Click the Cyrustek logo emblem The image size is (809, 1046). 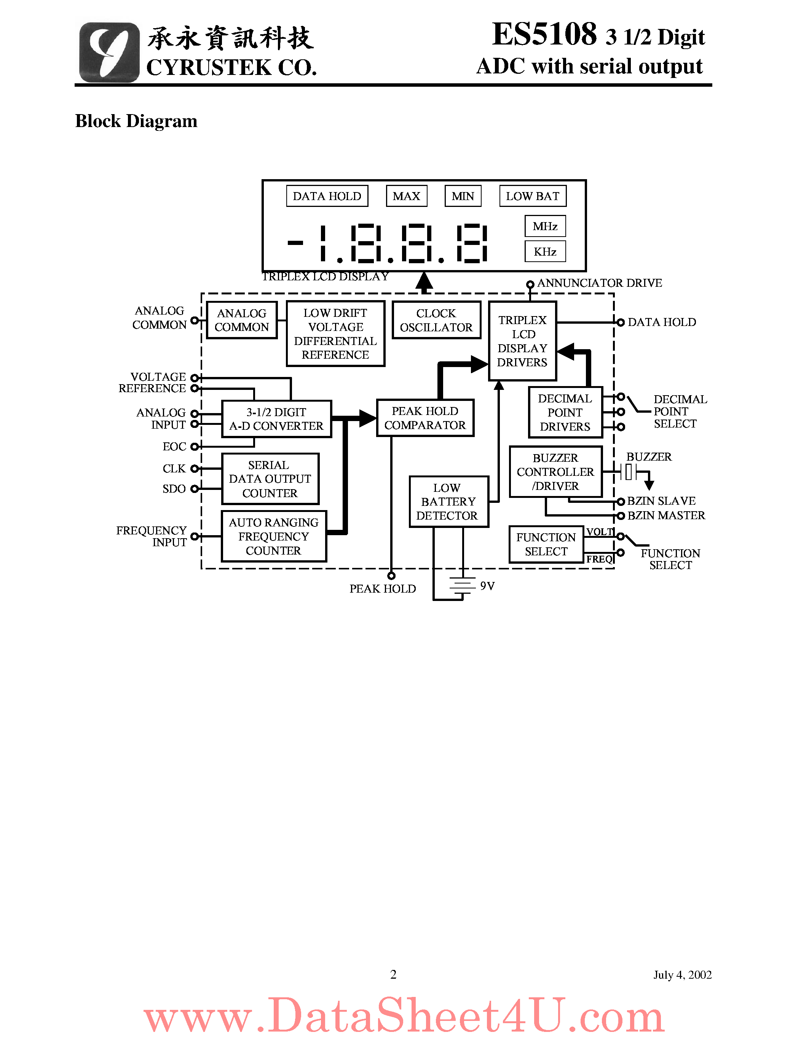[109, 52]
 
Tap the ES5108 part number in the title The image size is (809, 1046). [544, 35]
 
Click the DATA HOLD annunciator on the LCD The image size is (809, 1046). [327, 196]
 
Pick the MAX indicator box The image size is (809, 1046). [407, 196]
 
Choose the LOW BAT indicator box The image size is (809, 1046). [533, 196]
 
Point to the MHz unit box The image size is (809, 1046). [545, 226]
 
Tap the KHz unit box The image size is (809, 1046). [545, 251]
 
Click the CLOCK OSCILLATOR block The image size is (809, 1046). [436, 320]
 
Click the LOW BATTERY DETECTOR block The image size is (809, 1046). [448, 501]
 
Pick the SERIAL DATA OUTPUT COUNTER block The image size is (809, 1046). [270, 479]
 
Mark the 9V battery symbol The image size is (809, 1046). [463, 585]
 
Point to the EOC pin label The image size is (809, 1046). [174, 447]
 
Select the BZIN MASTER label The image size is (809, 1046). [666, 516]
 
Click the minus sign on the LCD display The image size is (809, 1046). [295, 243]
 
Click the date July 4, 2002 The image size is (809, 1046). [682, 974]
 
